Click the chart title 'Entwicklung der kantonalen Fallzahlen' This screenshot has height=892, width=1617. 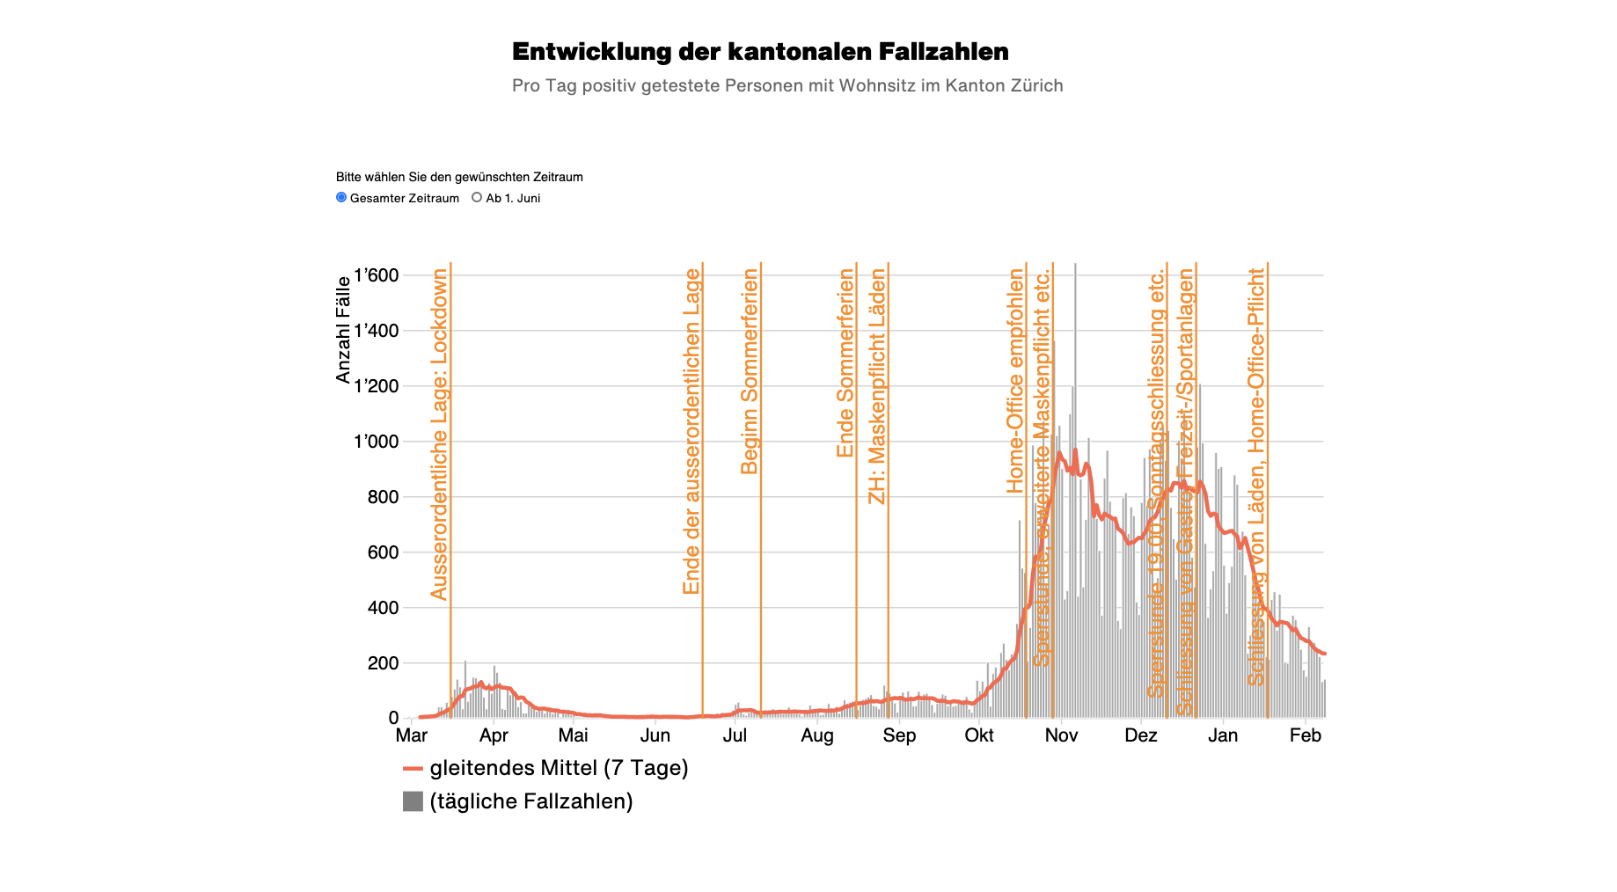(760, 52)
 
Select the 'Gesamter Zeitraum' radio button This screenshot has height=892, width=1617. (341, 198)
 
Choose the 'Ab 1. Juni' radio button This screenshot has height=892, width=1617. (477, 198)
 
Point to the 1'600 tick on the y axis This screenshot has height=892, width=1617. (376, 275)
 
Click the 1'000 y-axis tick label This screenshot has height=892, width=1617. (376, 442)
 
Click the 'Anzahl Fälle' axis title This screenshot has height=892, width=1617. (343, 330)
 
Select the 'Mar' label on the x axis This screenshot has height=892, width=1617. (412, 735)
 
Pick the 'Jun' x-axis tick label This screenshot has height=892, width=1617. (655, 735)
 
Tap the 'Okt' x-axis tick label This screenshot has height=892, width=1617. (979, 735)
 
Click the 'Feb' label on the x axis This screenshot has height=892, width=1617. (1306, 735)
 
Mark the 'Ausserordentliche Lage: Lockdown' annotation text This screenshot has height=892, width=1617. (439, 435)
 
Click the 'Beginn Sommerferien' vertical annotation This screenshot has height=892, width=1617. (750, 371)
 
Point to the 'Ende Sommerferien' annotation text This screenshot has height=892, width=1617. (845, 363)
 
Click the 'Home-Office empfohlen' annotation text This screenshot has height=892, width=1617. (1015, 381)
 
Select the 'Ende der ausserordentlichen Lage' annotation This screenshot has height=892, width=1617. (691, 432)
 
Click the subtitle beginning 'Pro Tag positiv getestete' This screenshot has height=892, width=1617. (787, 86)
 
